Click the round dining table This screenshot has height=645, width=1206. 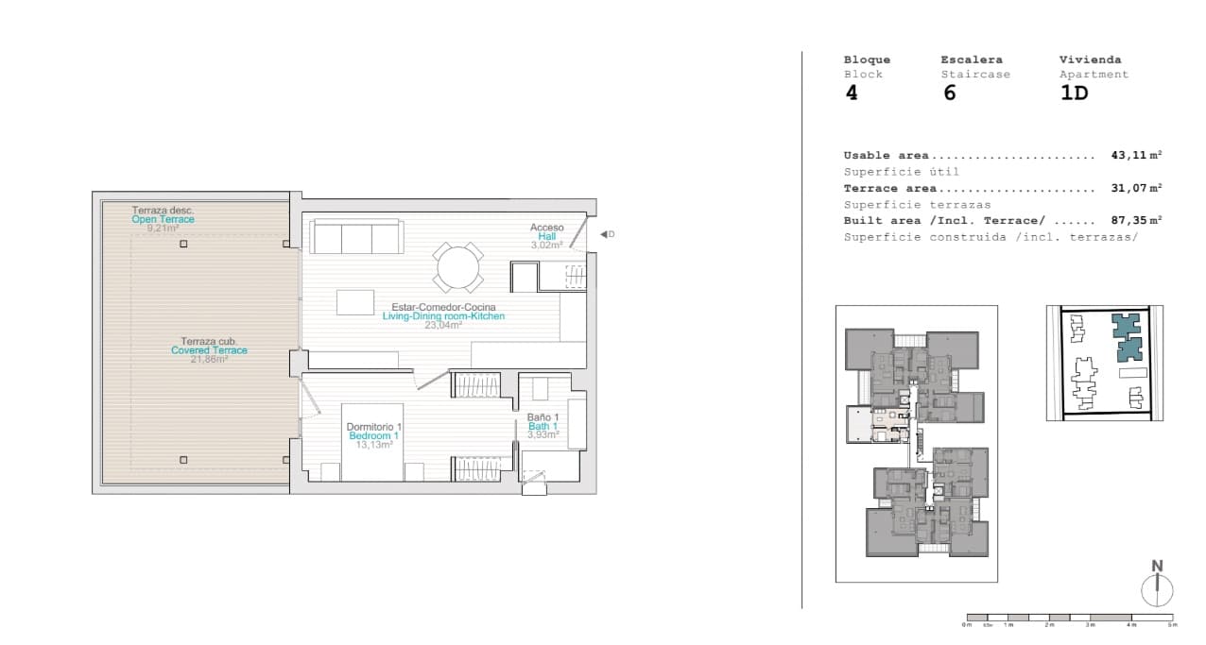(x=458, y=267)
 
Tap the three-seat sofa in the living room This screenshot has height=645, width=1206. (x=357, y=238)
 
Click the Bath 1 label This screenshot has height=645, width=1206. (x=543, y=426)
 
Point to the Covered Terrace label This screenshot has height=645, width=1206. (x=209, y=350)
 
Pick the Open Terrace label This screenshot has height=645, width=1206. (x=164, y=219)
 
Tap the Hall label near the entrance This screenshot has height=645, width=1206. (x=546, y=236)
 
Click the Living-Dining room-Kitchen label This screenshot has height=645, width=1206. (x=443, y=316)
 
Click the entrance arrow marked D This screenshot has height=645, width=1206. (x=607, y=234)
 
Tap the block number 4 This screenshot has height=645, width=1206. (x=852, y=93)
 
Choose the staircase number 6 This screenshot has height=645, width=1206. (x=949, y=93)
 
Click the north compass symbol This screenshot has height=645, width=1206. (x=1157, y=586)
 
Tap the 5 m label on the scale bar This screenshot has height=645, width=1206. (x=1172, y=625)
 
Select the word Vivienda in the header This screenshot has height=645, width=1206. (x=1090, y=59)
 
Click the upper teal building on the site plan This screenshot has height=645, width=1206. (x=1125, y=326)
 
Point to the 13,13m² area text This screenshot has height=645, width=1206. (x=373, y=444)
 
